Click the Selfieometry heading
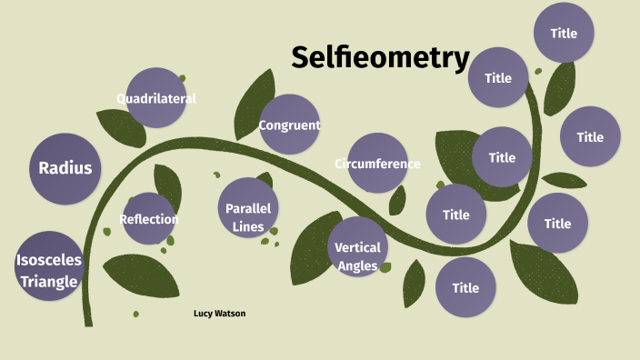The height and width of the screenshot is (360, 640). (380, 58)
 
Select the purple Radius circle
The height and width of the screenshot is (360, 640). (65, 168)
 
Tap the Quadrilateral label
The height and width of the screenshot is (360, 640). (156, 98)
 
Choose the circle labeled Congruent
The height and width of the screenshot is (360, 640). (289, 125)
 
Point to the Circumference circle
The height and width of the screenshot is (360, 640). (377, 164)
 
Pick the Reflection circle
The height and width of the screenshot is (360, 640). (149, 219)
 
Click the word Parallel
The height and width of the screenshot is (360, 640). (248, 208)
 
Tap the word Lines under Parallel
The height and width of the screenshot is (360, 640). (248, 226)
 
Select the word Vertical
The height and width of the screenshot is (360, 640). (357, 248)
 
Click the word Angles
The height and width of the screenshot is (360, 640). (357, 265)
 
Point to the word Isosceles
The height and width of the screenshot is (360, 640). (49, 260)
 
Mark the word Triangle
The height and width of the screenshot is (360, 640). (49, 281)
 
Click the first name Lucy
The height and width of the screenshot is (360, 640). (203, 313)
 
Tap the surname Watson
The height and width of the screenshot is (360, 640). (230, 313)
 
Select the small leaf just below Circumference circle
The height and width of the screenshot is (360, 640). (397, 200)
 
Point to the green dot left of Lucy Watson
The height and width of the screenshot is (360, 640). (136, 314)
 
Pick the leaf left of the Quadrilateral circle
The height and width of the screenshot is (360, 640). (122, 126)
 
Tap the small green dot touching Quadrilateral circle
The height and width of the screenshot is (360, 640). (182, 78)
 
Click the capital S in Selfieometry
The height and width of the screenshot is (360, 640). (302, 58)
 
